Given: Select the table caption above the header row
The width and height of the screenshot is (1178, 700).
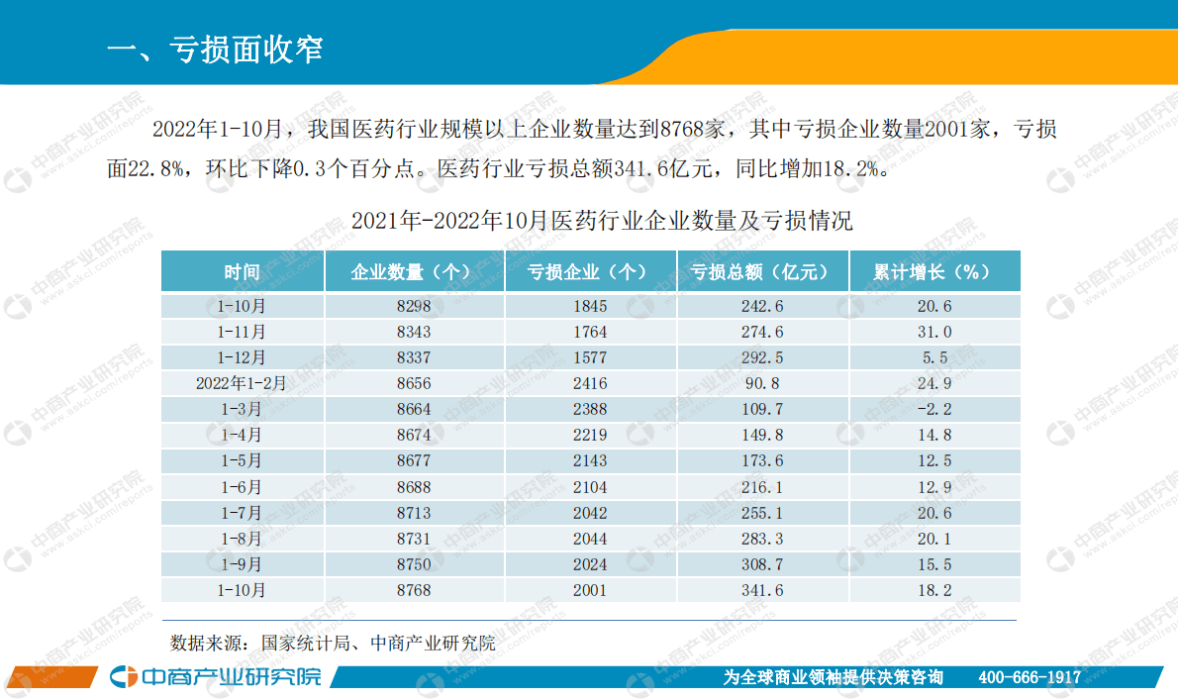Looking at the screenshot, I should pos(602,221).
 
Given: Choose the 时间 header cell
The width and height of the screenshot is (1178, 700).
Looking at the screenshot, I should pos(242,272).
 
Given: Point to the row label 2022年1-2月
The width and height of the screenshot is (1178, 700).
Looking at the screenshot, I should pos(242,383).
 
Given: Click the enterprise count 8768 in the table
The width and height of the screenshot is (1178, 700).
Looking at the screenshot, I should pos(413,590).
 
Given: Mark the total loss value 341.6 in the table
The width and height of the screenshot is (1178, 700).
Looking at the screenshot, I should pos(762,590).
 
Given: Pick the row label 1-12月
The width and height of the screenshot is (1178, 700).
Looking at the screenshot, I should pos(242,357).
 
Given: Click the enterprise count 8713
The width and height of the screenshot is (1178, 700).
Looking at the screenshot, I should pos(413,513).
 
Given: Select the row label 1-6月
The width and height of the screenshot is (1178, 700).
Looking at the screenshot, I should pos(242,487).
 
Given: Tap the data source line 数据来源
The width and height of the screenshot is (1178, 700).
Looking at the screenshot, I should pos(333,643).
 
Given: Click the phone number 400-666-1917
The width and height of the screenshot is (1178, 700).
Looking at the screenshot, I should pos(1030,677).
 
